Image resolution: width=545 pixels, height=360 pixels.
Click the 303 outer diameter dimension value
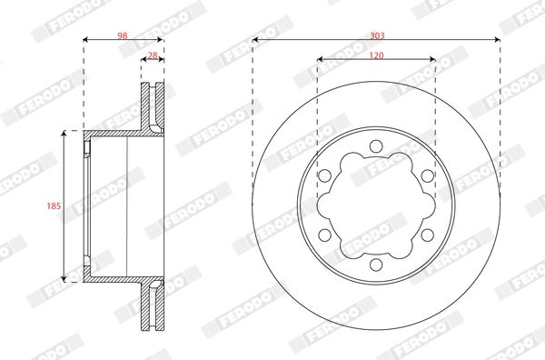[376, 35]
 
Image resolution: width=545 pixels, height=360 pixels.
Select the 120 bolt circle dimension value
[376, 55]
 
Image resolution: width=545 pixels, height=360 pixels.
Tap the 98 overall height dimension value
[122, 35]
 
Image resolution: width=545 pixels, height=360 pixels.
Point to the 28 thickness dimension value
[153, 55]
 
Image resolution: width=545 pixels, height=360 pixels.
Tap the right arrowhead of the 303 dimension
[497, 40]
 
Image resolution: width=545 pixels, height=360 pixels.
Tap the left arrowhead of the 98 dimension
[86, 40]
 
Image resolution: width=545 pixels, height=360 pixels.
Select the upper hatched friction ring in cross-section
[153, 107]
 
